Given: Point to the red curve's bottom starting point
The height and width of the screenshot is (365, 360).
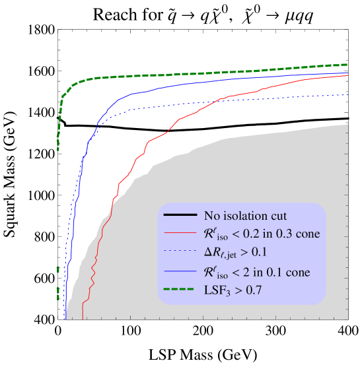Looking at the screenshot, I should coord(82,319).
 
